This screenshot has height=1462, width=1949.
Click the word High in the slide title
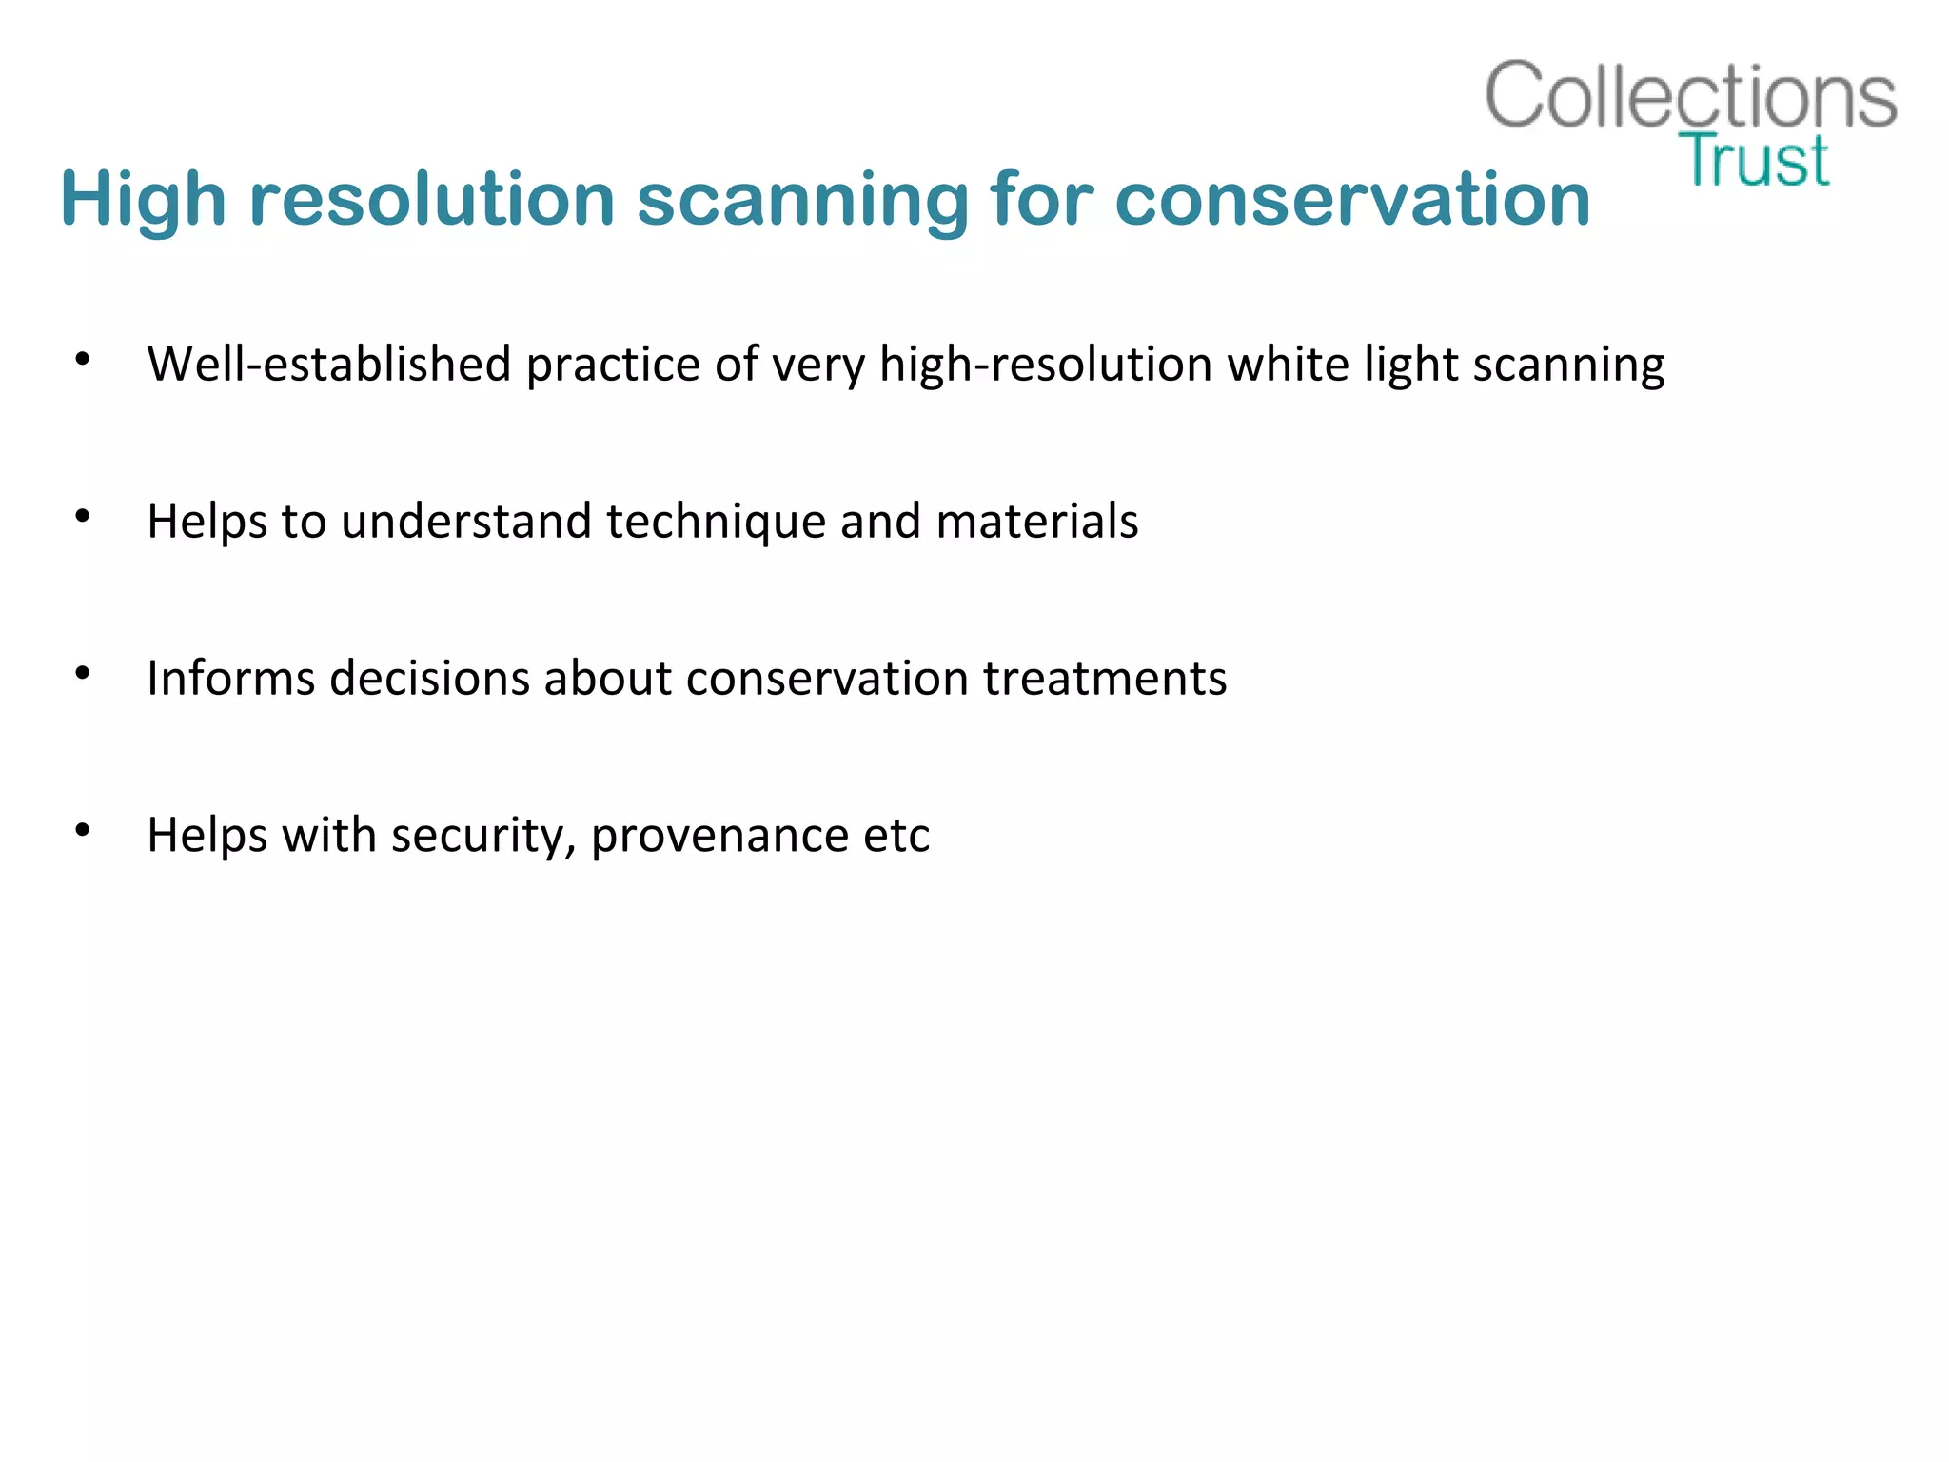144,200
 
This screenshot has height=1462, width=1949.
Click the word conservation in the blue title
1351,200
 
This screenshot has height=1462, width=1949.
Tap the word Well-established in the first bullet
329,365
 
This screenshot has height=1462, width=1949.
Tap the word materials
1036,522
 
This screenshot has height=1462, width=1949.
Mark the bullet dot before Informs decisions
83,674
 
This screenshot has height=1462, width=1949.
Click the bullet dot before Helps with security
83,831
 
